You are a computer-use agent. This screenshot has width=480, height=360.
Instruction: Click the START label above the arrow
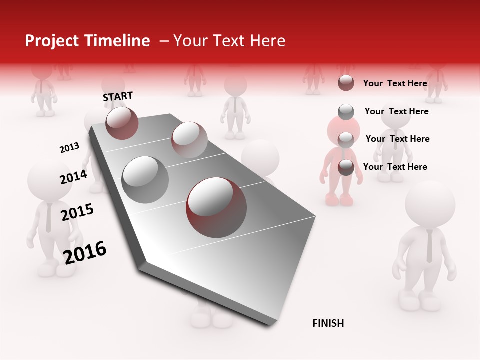point(118,96)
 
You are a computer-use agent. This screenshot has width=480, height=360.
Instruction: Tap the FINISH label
point(328,323)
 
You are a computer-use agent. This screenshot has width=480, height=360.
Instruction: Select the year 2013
point(69,148)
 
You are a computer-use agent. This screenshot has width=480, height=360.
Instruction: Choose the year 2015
point(77,212)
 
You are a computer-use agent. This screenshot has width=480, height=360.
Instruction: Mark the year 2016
point(85,252)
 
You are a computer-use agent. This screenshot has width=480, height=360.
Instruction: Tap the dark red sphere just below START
point(122,123)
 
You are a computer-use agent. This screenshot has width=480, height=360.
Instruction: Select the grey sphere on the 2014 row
point(145,179)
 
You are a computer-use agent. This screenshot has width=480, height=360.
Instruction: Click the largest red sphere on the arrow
point(216,207)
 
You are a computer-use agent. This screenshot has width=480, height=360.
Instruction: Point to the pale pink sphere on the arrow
point(189,140)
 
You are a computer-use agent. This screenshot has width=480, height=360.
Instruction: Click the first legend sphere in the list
point(346,83)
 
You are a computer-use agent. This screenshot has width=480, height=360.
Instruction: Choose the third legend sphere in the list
point(346,139)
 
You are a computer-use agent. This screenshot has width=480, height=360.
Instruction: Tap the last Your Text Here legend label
point(395,167)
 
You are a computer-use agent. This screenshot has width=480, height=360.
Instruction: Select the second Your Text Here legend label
point(396,111)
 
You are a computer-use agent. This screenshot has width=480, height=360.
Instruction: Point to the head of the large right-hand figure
point(430,205)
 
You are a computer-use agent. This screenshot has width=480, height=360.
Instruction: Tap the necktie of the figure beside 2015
point(48,217)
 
